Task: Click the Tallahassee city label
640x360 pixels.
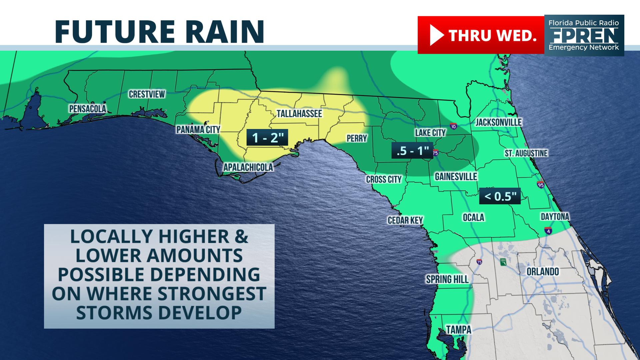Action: tap(299, 114)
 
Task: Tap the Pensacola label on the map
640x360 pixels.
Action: tap(88, 109)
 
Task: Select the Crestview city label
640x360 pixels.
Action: tap(147, 94)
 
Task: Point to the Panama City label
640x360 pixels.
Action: tap(198, 130)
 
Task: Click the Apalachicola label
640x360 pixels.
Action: tap(248, 167)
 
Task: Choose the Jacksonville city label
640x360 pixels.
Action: tap(498, 122)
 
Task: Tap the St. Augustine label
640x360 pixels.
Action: tap(526, 153)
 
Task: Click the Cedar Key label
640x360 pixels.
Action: tap(405, 220)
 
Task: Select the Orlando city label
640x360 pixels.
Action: tap(543, 272)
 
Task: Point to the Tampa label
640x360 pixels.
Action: tap(459, 330)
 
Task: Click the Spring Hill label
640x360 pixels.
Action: tap(447, 279)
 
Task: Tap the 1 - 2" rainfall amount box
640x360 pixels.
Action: tap(267, 137)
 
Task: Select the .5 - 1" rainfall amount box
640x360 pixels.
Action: tap(412, 151)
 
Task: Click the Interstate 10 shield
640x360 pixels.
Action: tap(453, 126)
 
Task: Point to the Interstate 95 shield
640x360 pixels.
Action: tap(540, 184)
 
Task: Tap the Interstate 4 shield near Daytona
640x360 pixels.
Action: tap(549, 230)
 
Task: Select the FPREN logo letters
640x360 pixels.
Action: tap(584, 35)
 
